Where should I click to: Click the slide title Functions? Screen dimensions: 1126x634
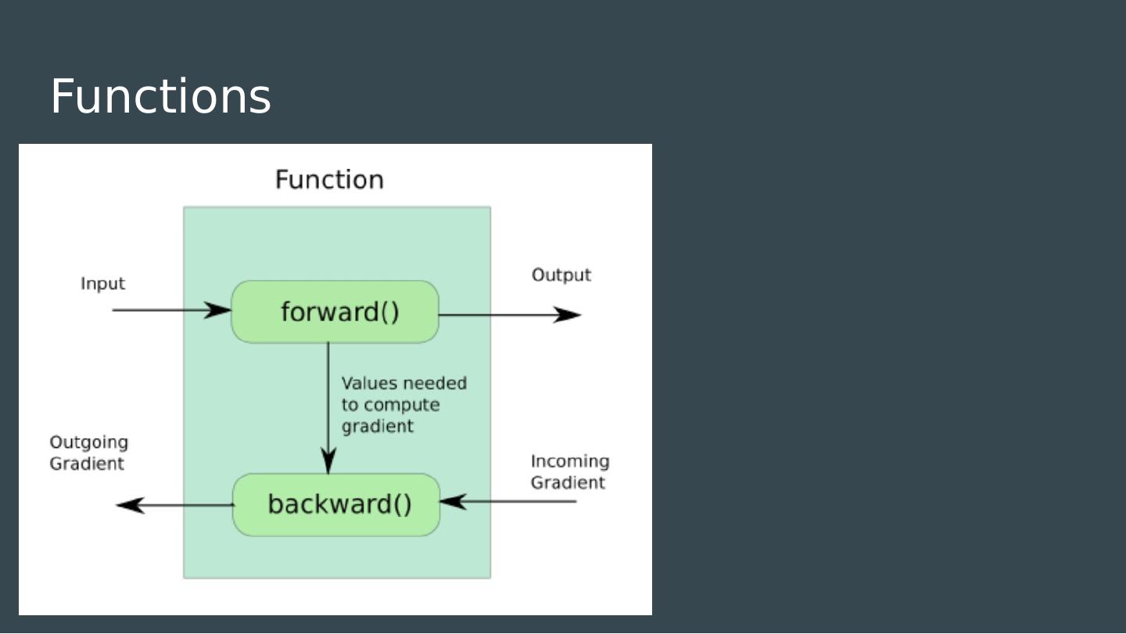click(x=161, y=96)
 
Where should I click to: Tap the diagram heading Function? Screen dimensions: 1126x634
click(x=329, y=179)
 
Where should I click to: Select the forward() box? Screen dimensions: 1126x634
click(x=335, y=312)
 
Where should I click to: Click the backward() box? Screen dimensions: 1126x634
click(x=336, y=505)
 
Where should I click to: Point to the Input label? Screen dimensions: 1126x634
click(x=102, y=284)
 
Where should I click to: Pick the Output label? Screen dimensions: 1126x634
click(x=561, y=275)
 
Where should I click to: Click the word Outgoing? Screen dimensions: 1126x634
click(x=88, y=442)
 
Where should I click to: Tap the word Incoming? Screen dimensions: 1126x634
click(x=570, y=461)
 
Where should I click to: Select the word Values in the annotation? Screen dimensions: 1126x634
click(x=369, y=383)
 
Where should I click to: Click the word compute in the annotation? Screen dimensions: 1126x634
click(x=402, y=406)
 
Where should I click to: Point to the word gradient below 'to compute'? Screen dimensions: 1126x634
click(x=377, y=427)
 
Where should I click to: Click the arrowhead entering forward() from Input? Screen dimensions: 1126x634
click(x=217, y=310)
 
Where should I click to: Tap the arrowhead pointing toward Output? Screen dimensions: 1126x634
click(x=567, y=315)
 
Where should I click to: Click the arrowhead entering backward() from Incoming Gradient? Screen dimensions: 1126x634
click(x=454, y=501)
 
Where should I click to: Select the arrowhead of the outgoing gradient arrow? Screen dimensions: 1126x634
click(x=130, y=505)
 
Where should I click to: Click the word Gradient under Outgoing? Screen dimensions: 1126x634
click(x=87, y=464)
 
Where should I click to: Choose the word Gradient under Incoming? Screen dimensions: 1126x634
click(x=568, y=483)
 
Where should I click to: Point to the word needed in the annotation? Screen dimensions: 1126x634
click(x=435, y=383)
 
